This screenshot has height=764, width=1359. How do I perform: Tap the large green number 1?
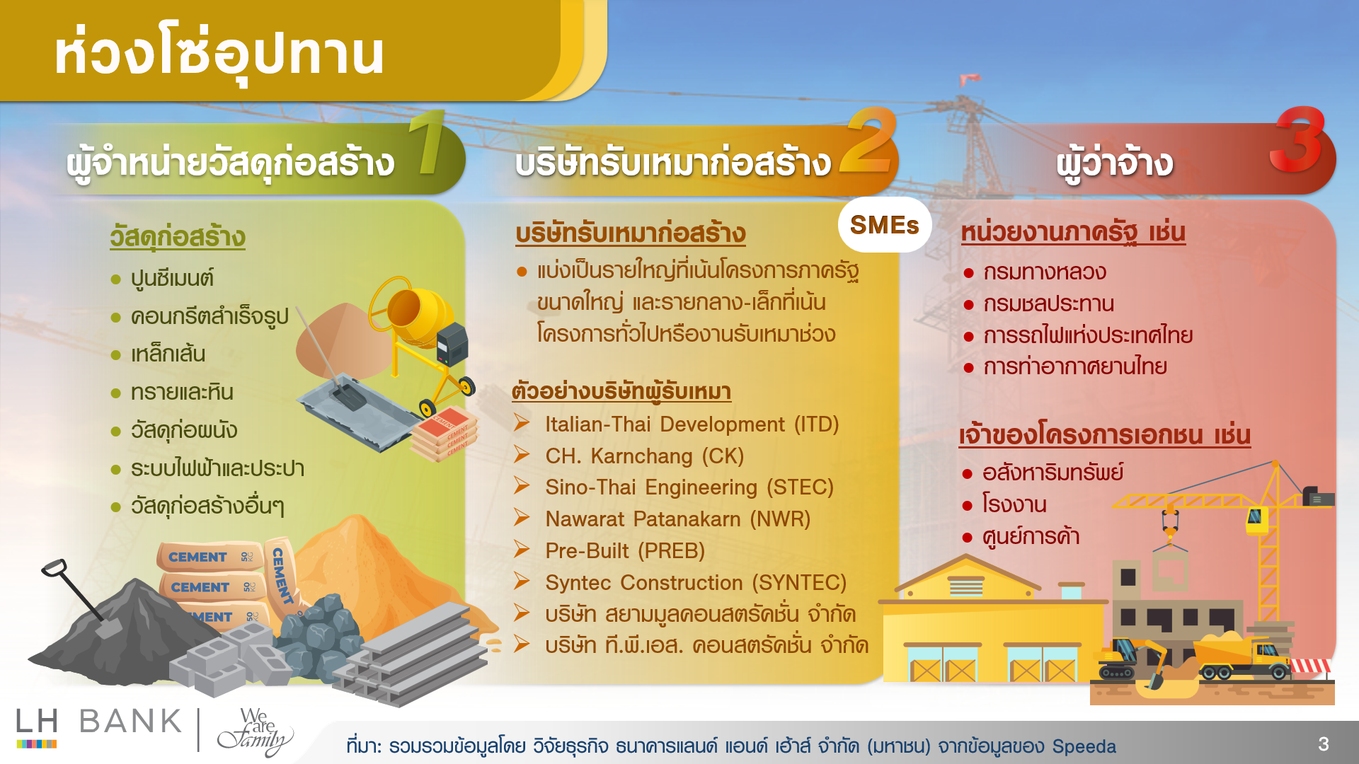(427, 143)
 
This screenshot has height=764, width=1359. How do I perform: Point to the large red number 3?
(1297, 140)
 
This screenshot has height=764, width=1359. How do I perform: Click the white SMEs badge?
(884, 225)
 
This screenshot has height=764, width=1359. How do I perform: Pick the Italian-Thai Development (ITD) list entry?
(692, 424)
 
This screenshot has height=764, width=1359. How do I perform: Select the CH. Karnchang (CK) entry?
(644, 456)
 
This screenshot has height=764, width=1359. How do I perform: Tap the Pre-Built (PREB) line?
(624, 551)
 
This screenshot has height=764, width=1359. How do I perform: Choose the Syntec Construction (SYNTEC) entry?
(695, 583)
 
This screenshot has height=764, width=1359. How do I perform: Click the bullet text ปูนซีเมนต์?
(172, 279)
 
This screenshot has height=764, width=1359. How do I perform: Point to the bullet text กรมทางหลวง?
(1044, 272)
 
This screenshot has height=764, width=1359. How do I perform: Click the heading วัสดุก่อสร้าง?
(178, 237)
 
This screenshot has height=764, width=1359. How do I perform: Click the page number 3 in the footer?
(1323, 743)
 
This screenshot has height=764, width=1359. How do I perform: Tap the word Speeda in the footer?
(1084, 746)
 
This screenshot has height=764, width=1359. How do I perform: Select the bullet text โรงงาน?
(1014, 505)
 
